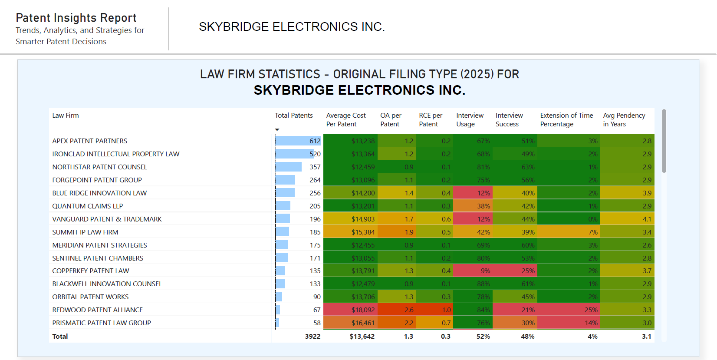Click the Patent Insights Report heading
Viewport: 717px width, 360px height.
tap(76, 18)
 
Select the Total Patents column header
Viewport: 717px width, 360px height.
tap(293, 116)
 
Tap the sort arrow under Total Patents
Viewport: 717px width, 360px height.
tap(277, 130)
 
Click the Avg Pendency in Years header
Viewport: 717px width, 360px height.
tap(624, 120)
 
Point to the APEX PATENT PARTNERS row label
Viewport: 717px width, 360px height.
tap(89, 141)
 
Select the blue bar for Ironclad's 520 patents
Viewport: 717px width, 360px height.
tap(294, 154)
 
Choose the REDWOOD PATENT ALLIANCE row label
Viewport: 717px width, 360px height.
tap(97, 310)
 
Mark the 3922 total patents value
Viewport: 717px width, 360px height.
tap(312, 337)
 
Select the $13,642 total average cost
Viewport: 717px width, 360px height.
tap(362, 337)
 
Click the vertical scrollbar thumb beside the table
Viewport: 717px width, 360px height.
tap(664, 141)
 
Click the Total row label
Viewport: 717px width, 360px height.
tap(60, 337)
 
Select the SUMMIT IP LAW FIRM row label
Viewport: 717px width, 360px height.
tap(85, 232)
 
